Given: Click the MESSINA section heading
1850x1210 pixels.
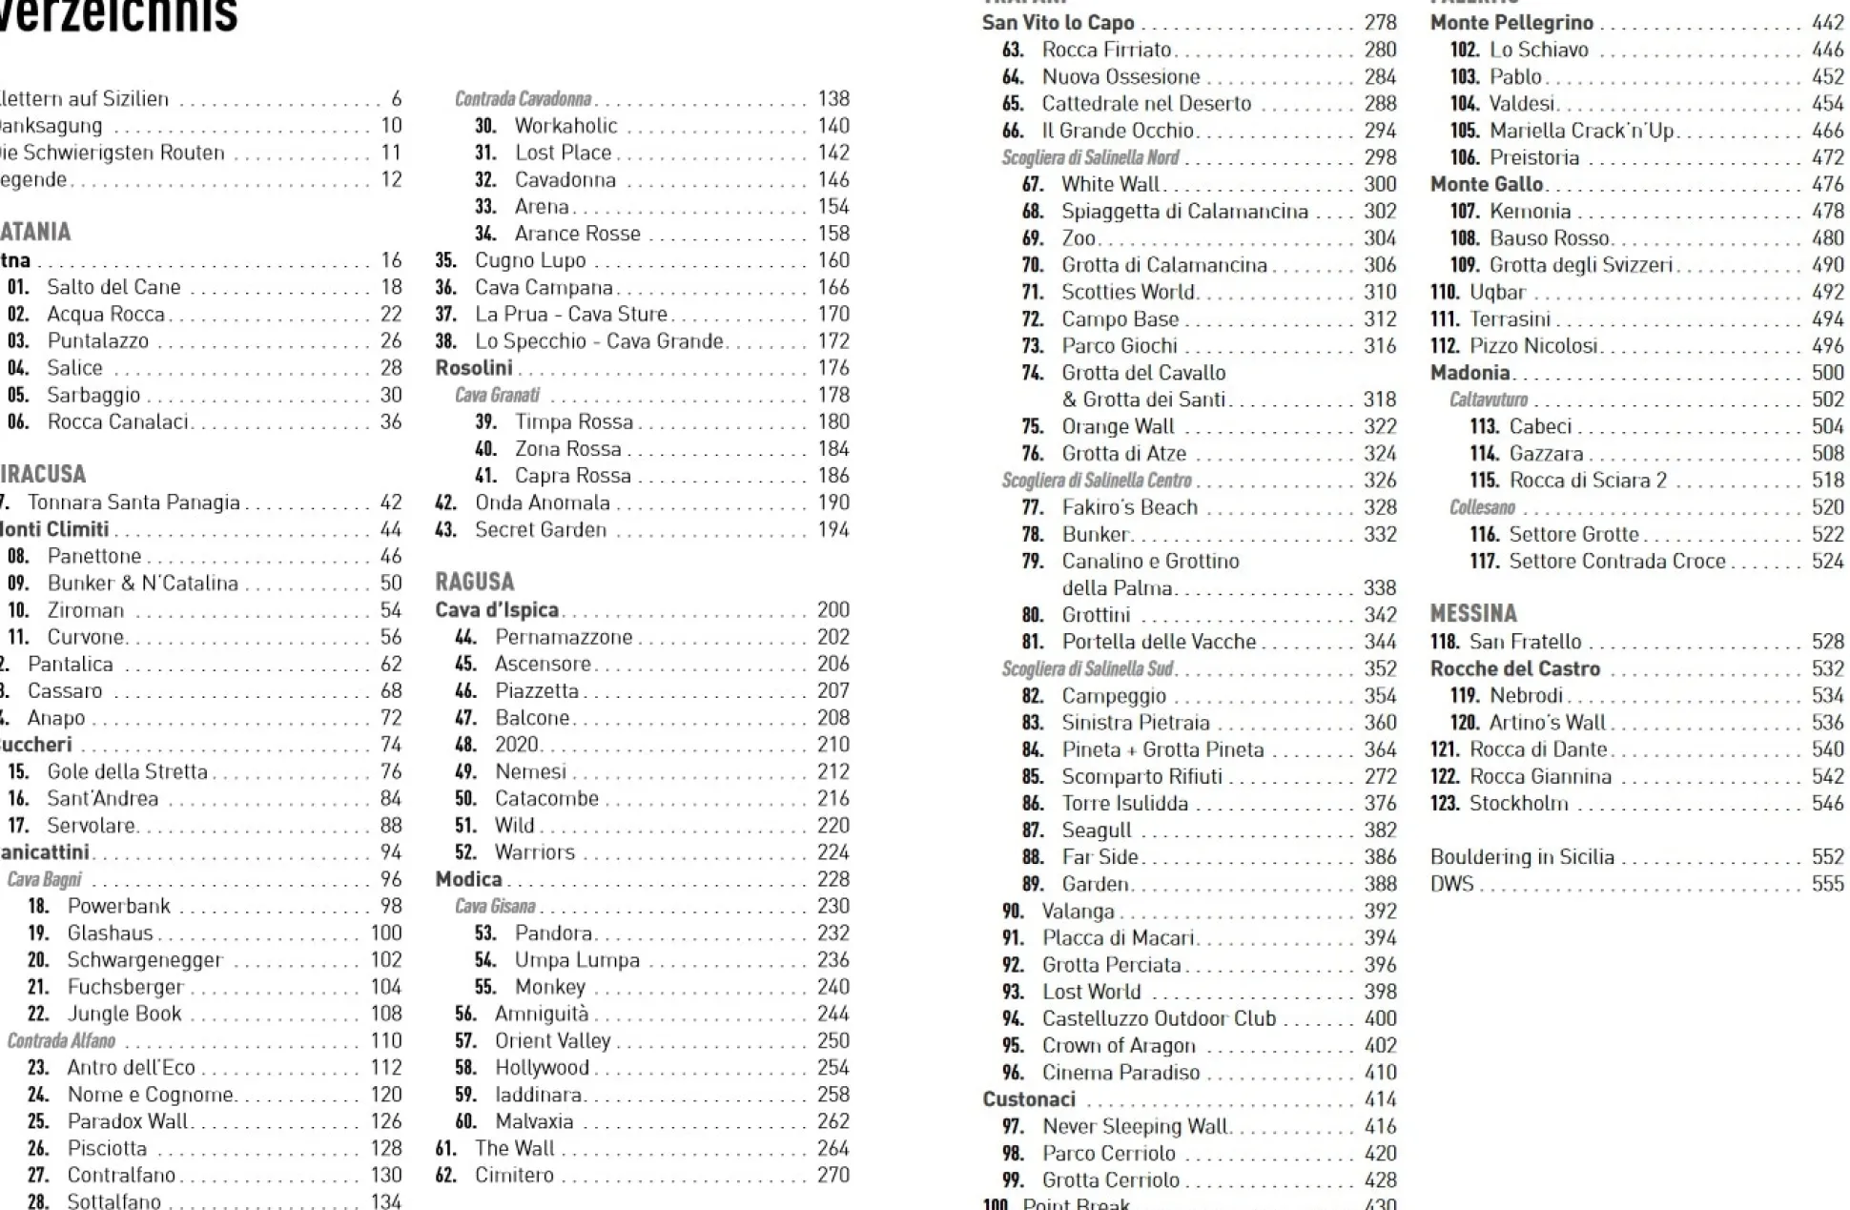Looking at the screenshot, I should point(1472,613).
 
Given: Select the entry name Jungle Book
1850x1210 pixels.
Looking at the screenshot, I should point(124,1014).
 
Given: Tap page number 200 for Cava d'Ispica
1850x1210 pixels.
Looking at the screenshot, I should point(832,609).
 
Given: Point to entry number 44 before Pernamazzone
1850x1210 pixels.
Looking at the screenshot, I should point(465,637).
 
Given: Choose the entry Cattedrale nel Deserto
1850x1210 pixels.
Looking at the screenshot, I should point(1145,103).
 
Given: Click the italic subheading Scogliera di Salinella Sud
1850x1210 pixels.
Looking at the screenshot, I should point(1087,668).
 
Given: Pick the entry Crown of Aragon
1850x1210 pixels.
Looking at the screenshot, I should point(1118,1045).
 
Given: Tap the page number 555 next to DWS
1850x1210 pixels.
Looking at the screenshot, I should point(1827,884).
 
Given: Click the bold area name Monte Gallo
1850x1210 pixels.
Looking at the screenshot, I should point(1486,184).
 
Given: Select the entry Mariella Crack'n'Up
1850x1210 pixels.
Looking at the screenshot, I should point(1581,131).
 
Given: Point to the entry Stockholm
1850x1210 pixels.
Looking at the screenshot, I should point(1518,803).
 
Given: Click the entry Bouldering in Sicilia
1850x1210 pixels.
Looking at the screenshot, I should point(1522,857).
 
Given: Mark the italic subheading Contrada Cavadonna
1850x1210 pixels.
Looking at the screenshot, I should point(523,98).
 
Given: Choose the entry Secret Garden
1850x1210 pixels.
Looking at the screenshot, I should point(540,529).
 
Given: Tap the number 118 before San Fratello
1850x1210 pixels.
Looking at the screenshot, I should point(1444,642).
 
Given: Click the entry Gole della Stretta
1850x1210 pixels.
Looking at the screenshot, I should point(127,771).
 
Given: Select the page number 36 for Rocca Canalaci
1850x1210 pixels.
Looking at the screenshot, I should point(391,421).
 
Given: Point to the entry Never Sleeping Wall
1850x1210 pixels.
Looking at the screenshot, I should point(1134,1126).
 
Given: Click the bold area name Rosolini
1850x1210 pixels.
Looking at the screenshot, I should point(474,368).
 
